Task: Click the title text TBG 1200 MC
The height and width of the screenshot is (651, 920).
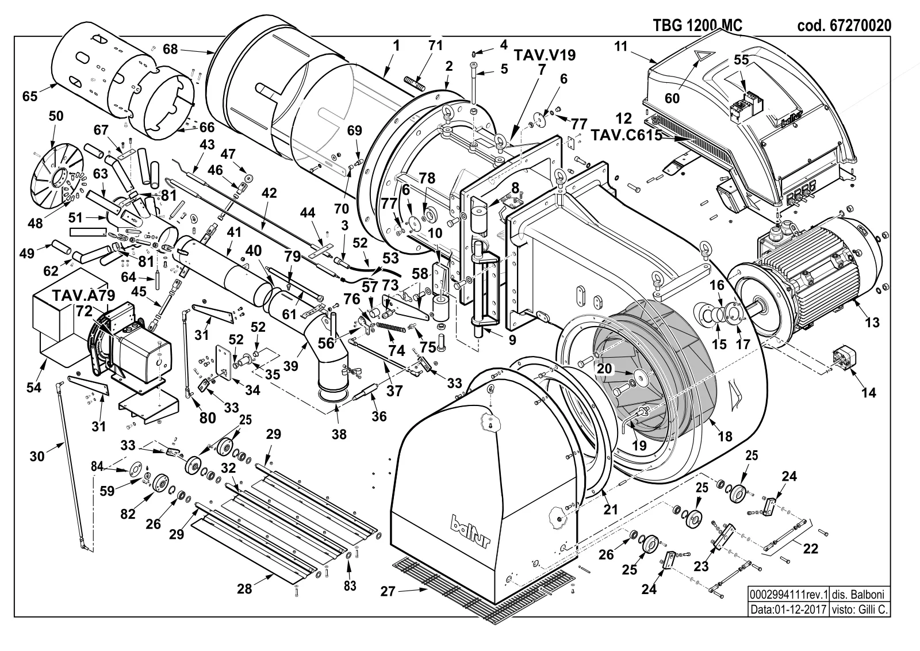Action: click(697, 25)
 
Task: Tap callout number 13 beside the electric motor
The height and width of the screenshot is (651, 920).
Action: click(872, 322)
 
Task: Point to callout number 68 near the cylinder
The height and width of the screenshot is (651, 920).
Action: click(170, 49)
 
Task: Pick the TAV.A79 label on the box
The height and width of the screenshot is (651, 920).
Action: click(84, 296)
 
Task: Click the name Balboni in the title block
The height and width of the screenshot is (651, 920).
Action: click(867, 594)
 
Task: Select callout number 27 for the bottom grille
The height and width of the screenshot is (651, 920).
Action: click(388, 591)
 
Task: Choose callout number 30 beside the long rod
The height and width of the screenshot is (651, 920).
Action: click(37, 456)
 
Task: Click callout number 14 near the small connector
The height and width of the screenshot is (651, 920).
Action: click(869, 393)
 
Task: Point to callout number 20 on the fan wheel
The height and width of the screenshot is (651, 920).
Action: click(604, 369)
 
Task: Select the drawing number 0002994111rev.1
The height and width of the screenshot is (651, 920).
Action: click(788, 594)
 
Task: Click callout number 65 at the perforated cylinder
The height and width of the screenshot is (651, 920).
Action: click(30, 96)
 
